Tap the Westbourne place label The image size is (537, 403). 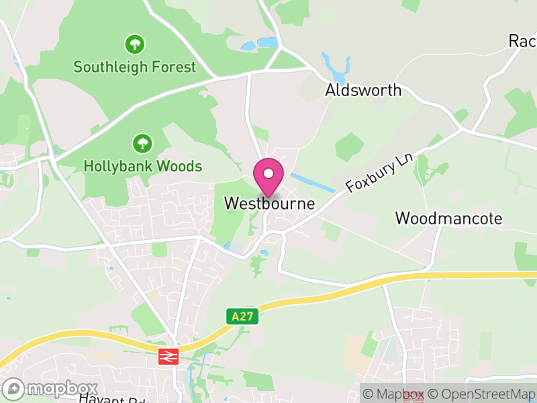pyautogui.click(x=269, y=203)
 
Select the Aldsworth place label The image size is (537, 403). pyautogui.click(x=363, y=90)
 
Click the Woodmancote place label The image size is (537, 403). pyautogui.click(x=448, y=218)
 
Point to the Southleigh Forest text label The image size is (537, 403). pyautogui.click(x=135, y=67)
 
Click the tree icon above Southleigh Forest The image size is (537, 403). pyautogui.click(x=135, y=45)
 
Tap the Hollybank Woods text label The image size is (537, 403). pyautogui.click(x=142, y=166)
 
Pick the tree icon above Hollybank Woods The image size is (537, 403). pyautogui.click(x=142, y=143)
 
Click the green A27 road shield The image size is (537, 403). pyautogui.click(x=242, y=316)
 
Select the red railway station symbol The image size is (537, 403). pyautogui.click(x=168, y=356)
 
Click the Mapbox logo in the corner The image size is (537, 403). pyautogui.click(x=50, y=388)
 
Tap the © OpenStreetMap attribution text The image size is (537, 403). pyautogui.click(x=483, y=394)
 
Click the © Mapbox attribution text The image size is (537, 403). pyautogui.click(x=393, y=394)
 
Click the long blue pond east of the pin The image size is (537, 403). pyautogui.click(x=313, y=181)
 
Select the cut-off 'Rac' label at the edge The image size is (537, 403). pyautogui.click(x=522, y=42)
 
